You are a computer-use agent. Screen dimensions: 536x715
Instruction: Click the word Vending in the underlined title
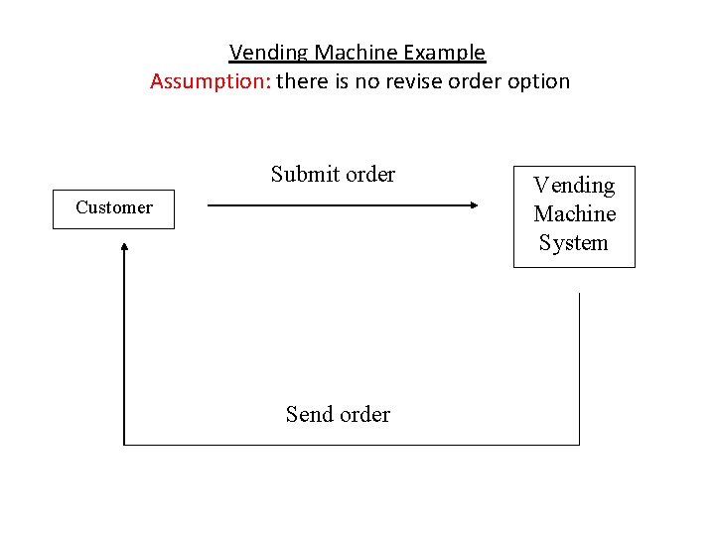(261, 53)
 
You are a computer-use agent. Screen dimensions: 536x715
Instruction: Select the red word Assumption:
(210, 82)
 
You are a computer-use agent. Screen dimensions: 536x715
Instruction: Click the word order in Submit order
(370, 175)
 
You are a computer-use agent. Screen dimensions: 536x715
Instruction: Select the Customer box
(113, 208)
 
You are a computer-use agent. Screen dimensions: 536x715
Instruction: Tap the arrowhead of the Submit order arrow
(473, 205)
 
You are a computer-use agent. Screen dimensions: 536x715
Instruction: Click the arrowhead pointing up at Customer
(124, 245)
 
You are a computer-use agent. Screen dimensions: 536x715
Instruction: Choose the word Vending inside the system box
(574, 186)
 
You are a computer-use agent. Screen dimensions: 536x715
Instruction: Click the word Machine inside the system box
(574, 214)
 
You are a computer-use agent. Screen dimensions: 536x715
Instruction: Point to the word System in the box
(574, 243)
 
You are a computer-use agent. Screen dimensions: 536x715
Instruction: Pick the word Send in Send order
(309, 415)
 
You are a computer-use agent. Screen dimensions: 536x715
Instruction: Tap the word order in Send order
(365, 415)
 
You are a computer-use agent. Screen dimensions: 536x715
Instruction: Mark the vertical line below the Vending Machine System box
(579, 367)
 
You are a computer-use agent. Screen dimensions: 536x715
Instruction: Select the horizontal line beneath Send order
(348, 445)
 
